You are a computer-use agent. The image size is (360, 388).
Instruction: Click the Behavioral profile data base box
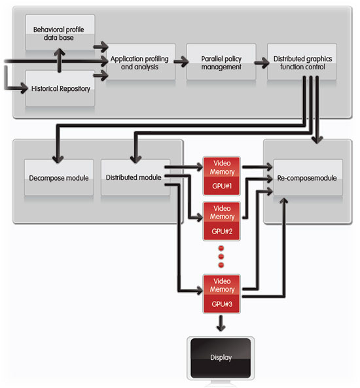coord(60,33)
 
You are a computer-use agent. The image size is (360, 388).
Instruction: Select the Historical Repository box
coord(60,88)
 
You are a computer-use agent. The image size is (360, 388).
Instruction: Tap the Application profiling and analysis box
coord(141,62)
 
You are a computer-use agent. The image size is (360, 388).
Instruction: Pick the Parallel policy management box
coord(221,62)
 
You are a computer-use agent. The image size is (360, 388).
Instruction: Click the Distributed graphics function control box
coord(302,62)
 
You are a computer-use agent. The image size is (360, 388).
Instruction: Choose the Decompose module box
coord(59,178)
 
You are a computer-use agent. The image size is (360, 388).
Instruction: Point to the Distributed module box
coord(135,178)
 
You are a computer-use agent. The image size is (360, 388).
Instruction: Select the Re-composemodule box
coord(308,178)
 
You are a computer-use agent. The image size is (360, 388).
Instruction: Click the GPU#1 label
coord(222,186)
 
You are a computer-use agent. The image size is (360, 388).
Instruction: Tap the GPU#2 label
coord(222,231)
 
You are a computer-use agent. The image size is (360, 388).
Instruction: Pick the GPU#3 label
coord(222,304)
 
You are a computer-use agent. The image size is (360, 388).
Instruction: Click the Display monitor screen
coord(221,358)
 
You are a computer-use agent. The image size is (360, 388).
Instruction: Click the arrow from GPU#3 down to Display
coord(221,323)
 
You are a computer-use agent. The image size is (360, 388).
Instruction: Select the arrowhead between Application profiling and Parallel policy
coord(185,62)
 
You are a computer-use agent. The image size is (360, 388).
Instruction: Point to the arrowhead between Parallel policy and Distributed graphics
coord(265,62)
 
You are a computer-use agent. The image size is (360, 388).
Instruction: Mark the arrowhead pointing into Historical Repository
coord(24,88)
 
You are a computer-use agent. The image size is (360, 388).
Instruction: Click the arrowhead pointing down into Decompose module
coord(58,159)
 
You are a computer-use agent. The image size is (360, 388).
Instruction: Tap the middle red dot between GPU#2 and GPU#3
coord(221,256)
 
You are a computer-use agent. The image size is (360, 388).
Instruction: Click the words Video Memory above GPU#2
coord(222,212)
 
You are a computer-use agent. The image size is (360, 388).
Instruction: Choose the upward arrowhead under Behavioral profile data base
coord(60,52)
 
